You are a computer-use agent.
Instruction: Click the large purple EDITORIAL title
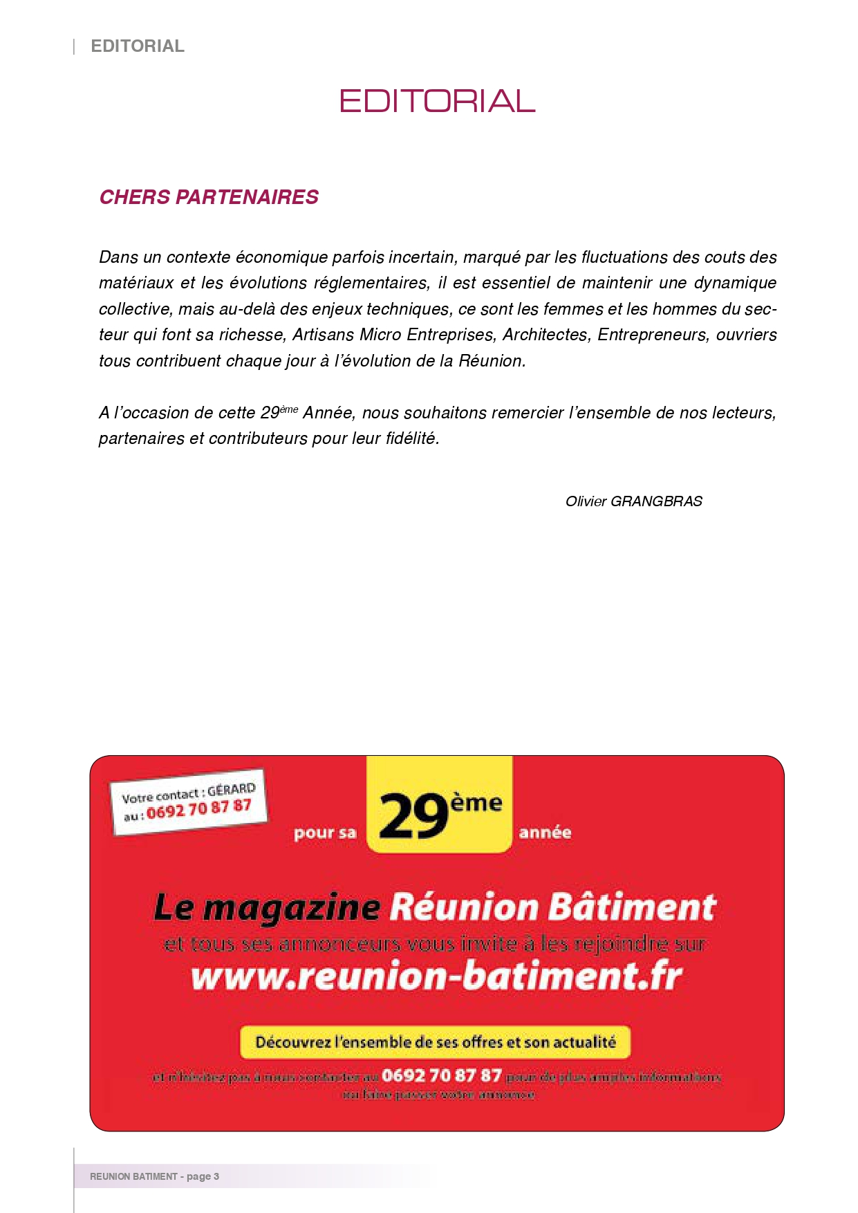pos(437,101)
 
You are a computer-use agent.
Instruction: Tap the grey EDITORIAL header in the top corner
pos(138,46)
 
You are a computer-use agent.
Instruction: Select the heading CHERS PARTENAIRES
pos(209,197)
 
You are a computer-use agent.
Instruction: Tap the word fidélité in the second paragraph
pos(412,438)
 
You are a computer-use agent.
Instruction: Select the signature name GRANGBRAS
pos(656,501)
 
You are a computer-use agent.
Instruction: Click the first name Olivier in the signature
pos(586,501)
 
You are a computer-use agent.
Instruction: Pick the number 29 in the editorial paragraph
pos(270,413)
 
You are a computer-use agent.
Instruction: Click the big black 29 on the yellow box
pos(413,816)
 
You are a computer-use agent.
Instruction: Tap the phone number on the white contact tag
pos(198,808)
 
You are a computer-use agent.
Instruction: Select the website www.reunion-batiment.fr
pos(437,976)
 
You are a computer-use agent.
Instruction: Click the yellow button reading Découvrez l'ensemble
pos(435,1042)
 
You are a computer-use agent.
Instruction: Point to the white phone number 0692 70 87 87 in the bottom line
pos(441,1075)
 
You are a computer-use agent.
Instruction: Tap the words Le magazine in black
pos(267,907)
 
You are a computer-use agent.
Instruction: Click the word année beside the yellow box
pos(545,833)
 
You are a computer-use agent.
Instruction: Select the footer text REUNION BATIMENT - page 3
pos(154,1176)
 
